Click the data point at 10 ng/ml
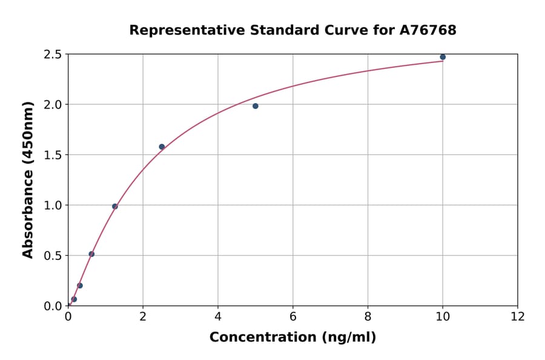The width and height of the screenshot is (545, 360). pos(443,57)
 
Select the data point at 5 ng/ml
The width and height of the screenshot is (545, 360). pos(256,106)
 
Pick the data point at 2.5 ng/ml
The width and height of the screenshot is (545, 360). pos(162,147)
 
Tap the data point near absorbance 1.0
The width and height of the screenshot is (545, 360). pos(115,206)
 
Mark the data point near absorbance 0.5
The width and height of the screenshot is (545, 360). pos(91,254)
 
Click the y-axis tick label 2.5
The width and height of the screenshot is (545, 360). pos(53,55)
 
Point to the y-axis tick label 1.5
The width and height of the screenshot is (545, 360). pos(53,155)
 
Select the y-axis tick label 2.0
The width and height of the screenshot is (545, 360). pos(53,105)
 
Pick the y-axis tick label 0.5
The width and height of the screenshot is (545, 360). pos(53,256)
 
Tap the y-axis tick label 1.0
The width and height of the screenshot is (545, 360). pos(53,205)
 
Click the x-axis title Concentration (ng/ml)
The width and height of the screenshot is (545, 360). pos(292,337)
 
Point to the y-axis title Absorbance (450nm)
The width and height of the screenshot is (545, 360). pos(28,179)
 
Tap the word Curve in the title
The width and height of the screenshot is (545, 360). pos(335,30)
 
